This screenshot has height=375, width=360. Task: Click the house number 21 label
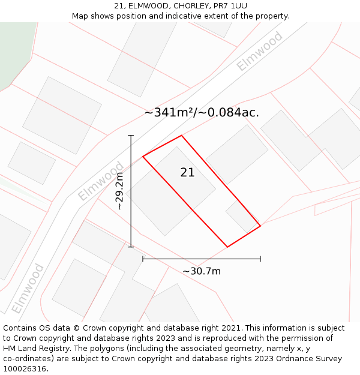tap(187, 173)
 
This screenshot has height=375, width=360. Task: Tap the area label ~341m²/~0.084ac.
tap(202, 112)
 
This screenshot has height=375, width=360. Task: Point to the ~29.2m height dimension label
tap(119, 191)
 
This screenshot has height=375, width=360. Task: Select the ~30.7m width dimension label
tap(202, 271)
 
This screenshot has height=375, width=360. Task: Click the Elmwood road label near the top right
tap(259, 52)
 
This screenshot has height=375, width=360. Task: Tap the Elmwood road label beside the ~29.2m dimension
tap(101, 181)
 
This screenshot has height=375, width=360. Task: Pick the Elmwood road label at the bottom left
tap(28, 289)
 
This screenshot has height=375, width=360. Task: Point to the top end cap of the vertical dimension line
tap(131, 136)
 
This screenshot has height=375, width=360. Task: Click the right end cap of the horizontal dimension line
tap(260, 259)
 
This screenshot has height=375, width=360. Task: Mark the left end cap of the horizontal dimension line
tap(143, 259)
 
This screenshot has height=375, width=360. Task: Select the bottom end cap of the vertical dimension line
tap(131, 247)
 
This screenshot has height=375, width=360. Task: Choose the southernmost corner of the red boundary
tap(227, 247)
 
